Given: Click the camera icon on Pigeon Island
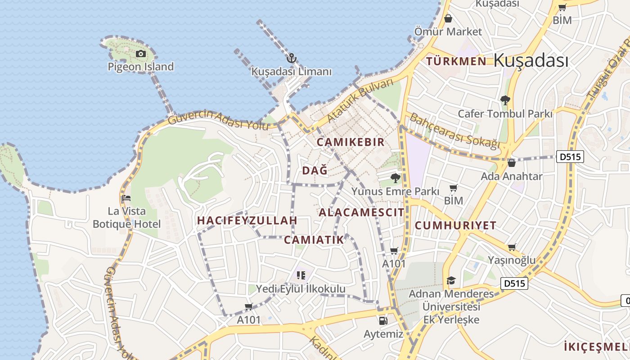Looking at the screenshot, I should click(141, 54).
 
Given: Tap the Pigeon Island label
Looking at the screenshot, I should click(140, 67).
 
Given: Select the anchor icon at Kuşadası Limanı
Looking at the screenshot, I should click(291, 58).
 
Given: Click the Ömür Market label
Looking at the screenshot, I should click(448, 31).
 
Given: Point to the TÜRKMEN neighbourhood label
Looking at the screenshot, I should click(456, 61).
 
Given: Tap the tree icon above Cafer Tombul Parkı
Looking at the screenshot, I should click(505, 100).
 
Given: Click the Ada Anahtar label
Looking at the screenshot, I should click(512, 176).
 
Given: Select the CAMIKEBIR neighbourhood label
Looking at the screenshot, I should click(351, 142).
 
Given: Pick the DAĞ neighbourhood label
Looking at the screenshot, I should click(315, 171).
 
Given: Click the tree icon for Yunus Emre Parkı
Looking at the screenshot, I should click(395, 178).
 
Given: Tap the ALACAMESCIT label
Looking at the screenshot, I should click(361, 212).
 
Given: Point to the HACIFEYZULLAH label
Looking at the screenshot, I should click(247, 220).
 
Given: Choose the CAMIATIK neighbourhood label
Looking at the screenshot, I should click(314, 239).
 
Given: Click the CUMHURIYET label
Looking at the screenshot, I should click(455, 225).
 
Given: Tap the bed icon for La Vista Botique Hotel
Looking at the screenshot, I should click(126, 198).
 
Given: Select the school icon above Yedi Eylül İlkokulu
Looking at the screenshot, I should click(301, 275).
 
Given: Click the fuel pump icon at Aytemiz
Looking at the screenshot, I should click(383, 320).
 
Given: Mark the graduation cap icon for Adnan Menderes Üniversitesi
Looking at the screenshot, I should click(451, 281).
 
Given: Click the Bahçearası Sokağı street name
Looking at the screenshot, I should click(454, 131).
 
